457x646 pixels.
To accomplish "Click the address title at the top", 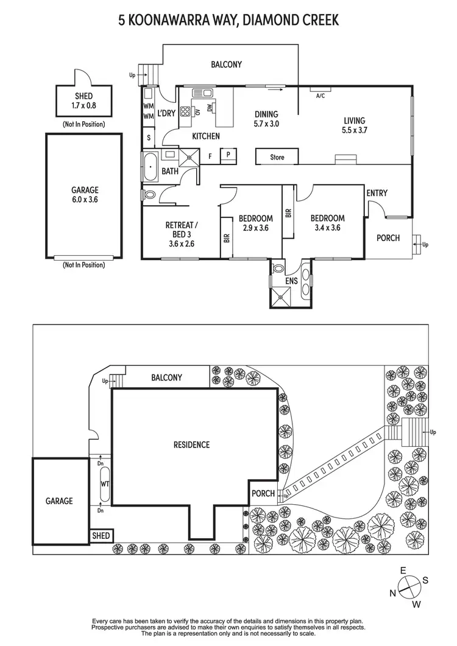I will [228, 21].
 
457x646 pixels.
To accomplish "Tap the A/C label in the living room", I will [320, 96].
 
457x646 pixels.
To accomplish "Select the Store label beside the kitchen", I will [277, 157].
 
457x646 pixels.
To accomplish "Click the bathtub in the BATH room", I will [150, 166].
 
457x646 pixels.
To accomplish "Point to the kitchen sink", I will [202, 93].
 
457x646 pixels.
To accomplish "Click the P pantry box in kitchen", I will [228, 155].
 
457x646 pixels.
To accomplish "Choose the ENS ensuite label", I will [291, 282].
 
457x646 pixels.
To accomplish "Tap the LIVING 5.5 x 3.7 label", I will [354, 125].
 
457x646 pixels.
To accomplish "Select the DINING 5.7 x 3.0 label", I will [266, 119].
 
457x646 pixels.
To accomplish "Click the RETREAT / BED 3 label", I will [182, 230].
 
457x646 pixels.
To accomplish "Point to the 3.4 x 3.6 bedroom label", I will [328, 223].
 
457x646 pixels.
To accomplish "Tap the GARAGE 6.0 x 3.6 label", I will [84, 194].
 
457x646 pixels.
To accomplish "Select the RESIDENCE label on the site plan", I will [191, 445].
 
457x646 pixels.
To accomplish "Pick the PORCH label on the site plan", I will [263, 494].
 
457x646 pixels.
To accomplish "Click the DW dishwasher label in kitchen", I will [210, 108].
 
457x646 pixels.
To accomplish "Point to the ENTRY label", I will [377, 193].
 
